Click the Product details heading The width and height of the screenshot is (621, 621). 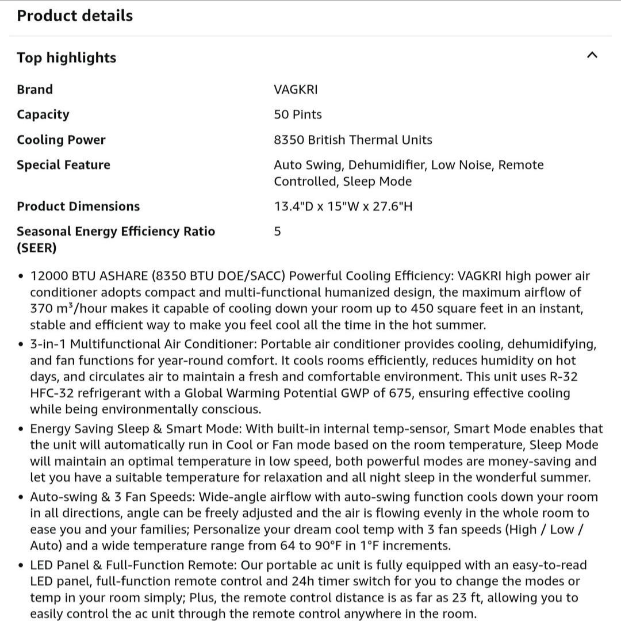[75, 16]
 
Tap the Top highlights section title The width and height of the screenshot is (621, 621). [66, 57]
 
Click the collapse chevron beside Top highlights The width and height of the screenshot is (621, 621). [592, 55]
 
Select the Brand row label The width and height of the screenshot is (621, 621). [34, 90]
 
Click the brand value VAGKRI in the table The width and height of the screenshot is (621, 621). [296, 90]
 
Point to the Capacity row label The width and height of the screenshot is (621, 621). [43, 114]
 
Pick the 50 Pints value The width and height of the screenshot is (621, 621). [298, 114]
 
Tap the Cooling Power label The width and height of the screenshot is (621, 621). [61, 140]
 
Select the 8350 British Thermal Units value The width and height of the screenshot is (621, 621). [353, 140]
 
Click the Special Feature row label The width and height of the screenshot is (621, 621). [63, 165]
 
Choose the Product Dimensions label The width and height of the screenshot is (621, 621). [78, 206]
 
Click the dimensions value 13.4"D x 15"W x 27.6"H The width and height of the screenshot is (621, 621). [343, 206]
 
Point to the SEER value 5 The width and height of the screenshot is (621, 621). [278, 232]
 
